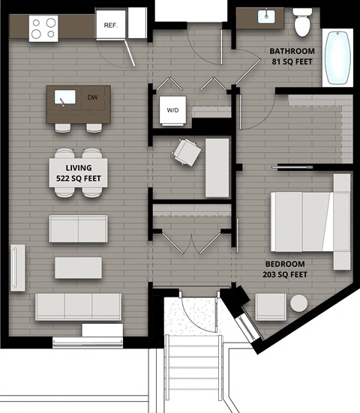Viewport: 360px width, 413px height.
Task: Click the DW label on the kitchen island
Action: (92, 97)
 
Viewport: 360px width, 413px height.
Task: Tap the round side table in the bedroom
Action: (298, 304)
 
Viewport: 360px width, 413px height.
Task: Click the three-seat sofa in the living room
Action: (78, 306)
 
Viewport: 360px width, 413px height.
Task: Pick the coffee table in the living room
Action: (78, 267)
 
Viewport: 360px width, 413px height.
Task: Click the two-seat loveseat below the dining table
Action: (78, 228)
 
